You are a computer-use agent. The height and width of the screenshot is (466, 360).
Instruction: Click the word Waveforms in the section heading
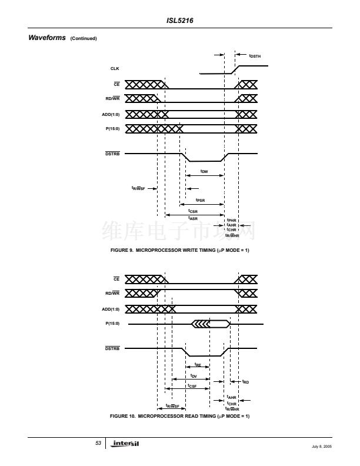point(46,38)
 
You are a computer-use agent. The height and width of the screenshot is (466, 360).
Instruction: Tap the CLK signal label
point(115,69)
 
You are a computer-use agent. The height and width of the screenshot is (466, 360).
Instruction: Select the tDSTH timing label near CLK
point(255,56)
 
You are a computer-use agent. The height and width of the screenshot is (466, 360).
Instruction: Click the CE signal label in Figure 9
point(116,84)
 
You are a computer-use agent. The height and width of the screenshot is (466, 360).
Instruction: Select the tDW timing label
point(204,172)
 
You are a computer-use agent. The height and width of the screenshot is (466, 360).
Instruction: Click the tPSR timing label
point(200,200)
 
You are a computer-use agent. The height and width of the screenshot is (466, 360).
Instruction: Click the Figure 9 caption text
point(180,251)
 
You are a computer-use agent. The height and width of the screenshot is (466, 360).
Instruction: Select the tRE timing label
point(198,365)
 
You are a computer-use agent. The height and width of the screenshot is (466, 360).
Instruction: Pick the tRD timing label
point(245,382)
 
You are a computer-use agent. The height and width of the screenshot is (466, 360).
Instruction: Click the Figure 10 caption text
point(180,417)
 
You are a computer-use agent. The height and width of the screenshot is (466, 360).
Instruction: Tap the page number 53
point(98,442)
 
